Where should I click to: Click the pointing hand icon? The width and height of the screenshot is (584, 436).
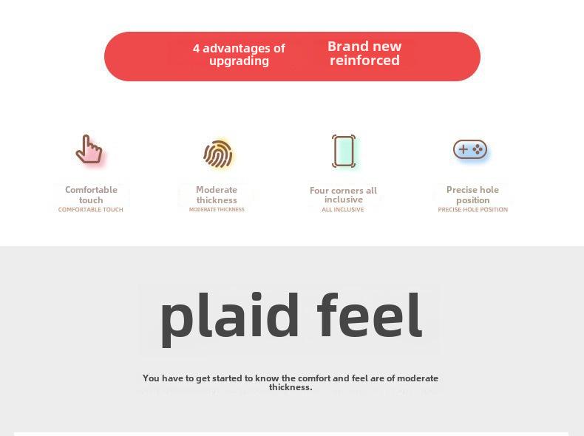(89, 149)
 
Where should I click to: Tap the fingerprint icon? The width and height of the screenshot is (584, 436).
(218, 154)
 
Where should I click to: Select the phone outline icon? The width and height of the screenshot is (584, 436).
(344, 151)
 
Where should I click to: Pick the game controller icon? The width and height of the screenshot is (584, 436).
(470, 149)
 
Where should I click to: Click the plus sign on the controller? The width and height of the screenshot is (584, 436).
(463, 149)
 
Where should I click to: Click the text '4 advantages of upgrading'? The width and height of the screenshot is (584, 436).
(239, 55)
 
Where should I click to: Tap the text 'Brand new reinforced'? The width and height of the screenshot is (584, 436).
(364, 53)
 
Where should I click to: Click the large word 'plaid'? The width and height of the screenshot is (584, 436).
(230, 319)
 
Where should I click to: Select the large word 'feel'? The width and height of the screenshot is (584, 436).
(370, 315)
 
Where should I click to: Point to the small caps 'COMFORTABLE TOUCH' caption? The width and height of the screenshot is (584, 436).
(90, 210)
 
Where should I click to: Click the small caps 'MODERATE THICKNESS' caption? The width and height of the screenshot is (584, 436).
(217, 210)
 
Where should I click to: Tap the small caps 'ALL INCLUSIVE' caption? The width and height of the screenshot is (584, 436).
(343, 210)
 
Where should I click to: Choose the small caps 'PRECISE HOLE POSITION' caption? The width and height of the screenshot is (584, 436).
(472, 210)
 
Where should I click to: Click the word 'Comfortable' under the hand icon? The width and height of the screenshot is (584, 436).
(91, 189)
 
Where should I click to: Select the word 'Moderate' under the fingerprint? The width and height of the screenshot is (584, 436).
(217, 189)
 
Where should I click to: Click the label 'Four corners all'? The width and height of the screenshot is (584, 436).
(343, 190)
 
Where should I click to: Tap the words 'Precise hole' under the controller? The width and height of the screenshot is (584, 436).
(472, 189)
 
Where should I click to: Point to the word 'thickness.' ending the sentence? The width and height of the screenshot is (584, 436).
(291, 387)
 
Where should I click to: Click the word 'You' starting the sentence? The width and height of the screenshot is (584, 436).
(151, 378)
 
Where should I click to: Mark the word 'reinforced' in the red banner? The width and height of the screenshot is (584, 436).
(364, 60)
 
